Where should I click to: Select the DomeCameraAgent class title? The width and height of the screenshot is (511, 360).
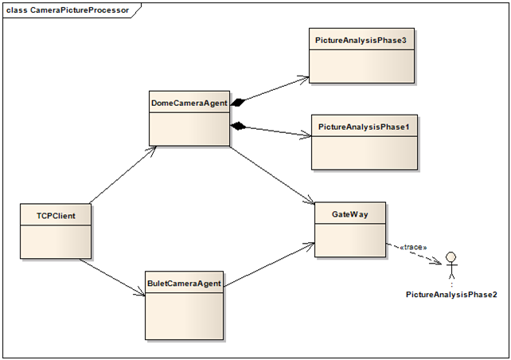pos(189,103)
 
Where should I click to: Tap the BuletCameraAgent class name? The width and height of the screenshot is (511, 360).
pos(183,283)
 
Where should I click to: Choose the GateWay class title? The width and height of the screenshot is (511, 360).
pos(349,214)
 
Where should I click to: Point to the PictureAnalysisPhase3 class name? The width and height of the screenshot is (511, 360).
pos(361,39)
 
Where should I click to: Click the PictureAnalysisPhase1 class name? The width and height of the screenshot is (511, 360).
pos(363,127)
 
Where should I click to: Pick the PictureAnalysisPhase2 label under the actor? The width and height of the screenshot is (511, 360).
pos(451,295)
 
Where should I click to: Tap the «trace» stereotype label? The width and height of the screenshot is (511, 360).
pos(411,247)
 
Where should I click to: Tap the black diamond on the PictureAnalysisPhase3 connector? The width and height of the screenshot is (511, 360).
pos(238,101)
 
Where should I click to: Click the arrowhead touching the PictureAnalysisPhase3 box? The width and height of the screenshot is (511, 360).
pos(303,78)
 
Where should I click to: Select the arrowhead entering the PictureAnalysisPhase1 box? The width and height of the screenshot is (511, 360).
pos(305,136)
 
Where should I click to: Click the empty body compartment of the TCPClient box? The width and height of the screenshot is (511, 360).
pos(55,241)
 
